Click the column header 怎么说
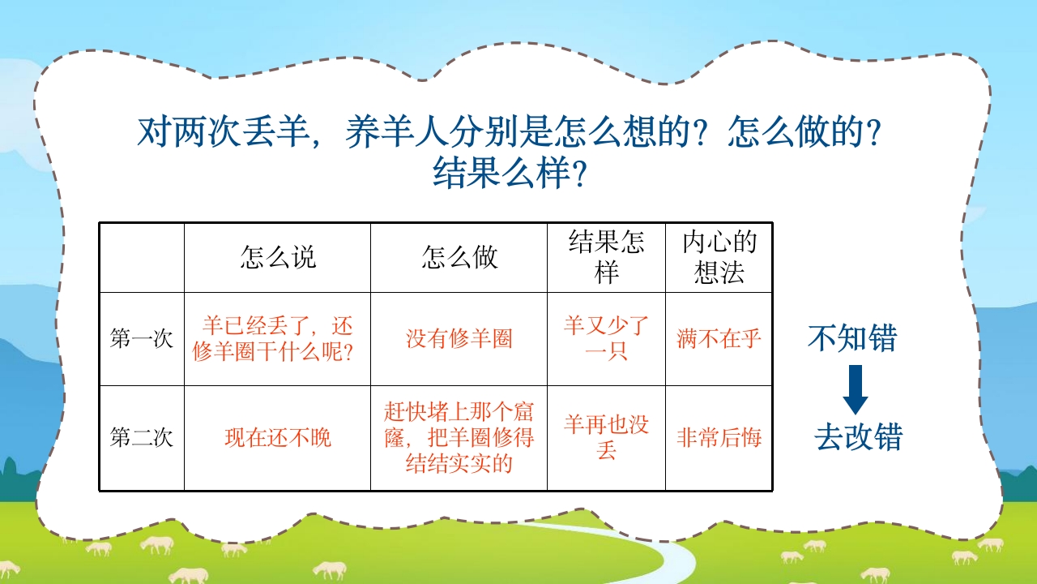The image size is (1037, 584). click(x=277, y=257)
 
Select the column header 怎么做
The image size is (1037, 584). click(x=459, y=257)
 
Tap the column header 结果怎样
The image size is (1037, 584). click(x=606, y=257)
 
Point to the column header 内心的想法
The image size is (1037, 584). click(x=719, y=257)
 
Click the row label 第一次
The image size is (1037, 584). click(x=142, y=339)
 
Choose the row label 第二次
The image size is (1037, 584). click(x=142, y=439)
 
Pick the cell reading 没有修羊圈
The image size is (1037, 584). click(x=459, y=339)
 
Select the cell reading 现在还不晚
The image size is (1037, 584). click(x=277, y=439)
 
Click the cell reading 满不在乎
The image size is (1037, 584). click(x=719, y=339)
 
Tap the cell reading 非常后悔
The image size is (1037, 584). click(x=719, y=439)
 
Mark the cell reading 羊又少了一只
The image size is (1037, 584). click(x=606, y=339)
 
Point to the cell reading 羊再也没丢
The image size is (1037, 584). click(x=606, y=438)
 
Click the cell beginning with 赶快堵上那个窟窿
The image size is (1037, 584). click(x=459, y=438)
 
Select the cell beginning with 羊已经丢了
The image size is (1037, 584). click(x=277, y=339)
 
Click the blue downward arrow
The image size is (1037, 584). click(x=855, y=390)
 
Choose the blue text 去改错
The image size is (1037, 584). click(x=858, y=438)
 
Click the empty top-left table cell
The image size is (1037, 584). click(x=142, y=257)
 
